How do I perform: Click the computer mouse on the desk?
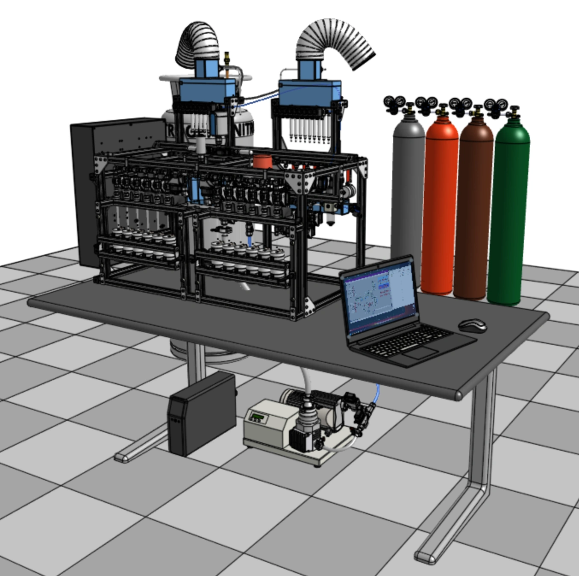coord(473,326)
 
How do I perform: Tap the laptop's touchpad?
coord(420,353)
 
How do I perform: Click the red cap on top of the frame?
coord(262,162)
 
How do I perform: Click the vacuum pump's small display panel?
coord(258,417)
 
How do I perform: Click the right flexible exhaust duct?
coord(338,41)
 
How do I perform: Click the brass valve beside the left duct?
coord(227,60)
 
